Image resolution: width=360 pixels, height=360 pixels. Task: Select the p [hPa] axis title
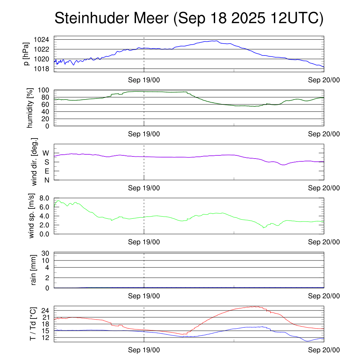[26, 54]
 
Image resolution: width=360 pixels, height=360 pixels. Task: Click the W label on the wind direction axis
[46, 153]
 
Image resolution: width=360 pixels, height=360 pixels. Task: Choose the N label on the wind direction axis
[46, 180]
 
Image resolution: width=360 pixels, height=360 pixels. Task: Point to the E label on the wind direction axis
[46, 171]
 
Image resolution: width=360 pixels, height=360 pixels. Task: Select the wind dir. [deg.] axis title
[34, 162]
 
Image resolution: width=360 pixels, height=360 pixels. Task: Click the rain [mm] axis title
[34, 270]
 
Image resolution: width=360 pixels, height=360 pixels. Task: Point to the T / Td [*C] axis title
[33, 323]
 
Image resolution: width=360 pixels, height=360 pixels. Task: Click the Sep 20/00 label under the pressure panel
[324, 80]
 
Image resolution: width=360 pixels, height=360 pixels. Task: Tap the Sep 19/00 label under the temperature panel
[144, 350]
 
